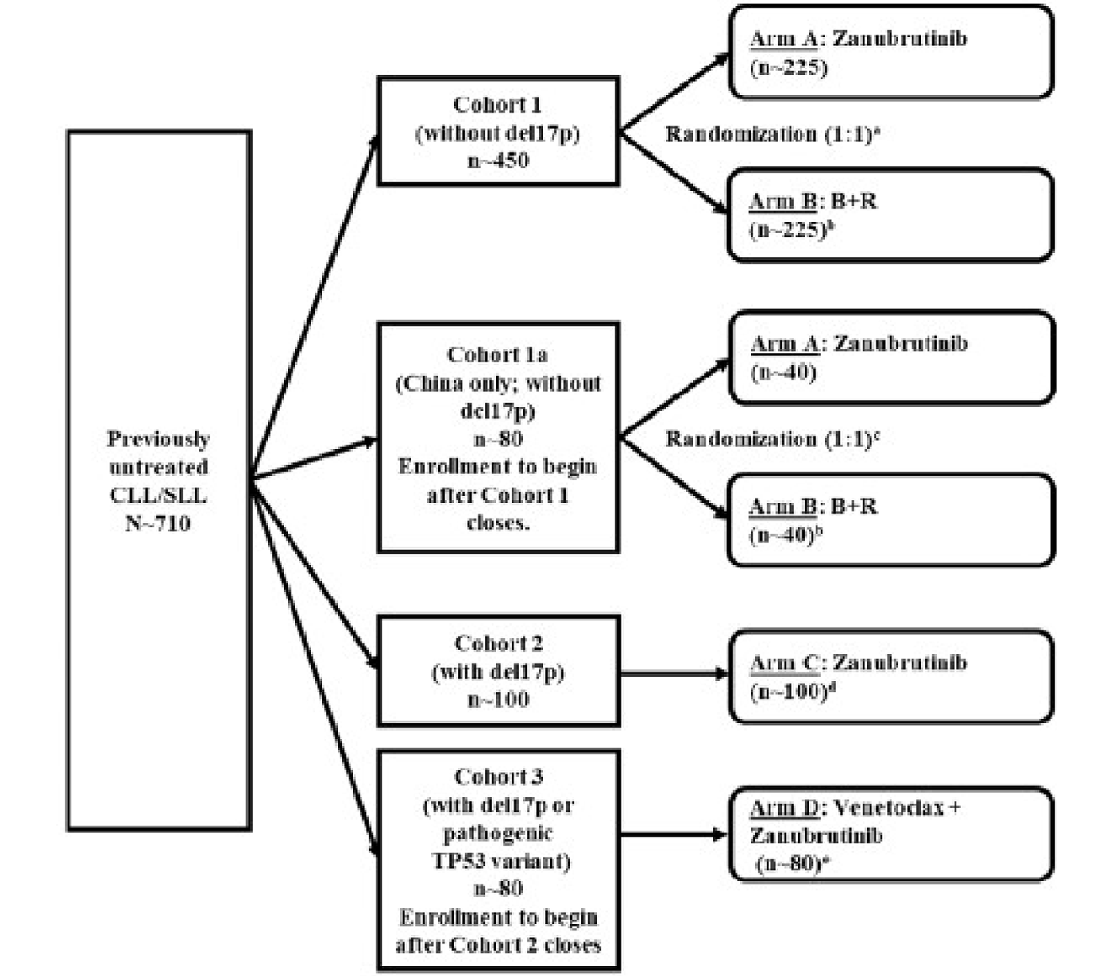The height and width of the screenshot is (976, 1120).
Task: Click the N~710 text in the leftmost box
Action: [x=157, y=523]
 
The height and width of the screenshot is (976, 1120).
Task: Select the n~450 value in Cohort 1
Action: [x=498, y=160]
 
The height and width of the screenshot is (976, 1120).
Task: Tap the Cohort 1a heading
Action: [x=497, y=354]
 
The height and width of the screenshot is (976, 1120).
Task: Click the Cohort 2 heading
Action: [x=498, y=643]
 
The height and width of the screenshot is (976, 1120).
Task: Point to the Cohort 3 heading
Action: [x=498, y=777]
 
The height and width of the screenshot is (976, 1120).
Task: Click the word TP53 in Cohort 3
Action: [x=458, y=861]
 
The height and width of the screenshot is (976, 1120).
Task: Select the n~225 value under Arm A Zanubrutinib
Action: [x=788, y=68]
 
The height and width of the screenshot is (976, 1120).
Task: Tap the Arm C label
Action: [x=784, y=662]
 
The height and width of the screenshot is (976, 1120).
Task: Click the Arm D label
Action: [x=784, y=808]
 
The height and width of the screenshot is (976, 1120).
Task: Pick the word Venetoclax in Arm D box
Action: [x=888, y=808]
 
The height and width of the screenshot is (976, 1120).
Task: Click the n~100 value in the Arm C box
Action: [x=789, y=691]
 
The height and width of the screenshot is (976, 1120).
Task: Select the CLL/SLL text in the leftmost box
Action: [x=157, y=496]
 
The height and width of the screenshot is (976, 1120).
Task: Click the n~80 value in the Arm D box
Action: [x=786, y=864]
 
